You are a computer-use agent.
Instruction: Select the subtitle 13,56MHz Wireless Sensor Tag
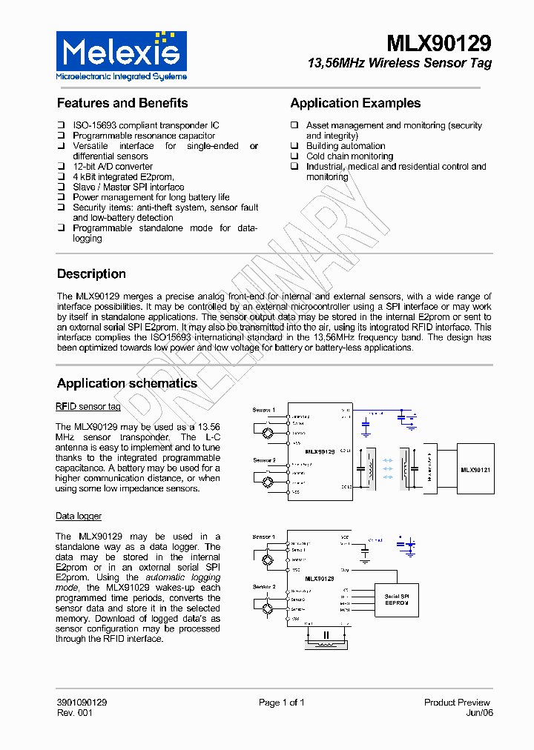pyautogui.click(x=399, y=64)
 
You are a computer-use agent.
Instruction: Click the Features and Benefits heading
pyautogui.click(x=122, y=103)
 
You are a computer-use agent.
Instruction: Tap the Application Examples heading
pyautogui.click(x=355, y=103)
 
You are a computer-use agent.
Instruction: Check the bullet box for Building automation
pyautogui.click(x=294, y=146)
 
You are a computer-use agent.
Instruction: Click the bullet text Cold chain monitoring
pyautogui.click(x=349, y=156)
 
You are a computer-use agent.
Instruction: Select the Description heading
pyautogui.click(x=91, y=273)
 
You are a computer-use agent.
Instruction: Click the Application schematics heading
pyautogui.click(x=127, y=383)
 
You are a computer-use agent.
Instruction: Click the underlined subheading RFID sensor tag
pyautogui.click(x=88, y=407)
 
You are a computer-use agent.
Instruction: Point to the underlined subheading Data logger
pyautogui.click(x=79, y=516)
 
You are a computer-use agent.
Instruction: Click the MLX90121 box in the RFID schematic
pyautogui.click(x=475, y=469)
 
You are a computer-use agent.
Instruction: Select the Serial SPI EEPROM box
pyautogui.click(x=397, y=600)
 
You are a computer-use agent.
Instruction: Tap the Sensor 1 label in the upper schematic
pyautogui.click(x=264, y=410)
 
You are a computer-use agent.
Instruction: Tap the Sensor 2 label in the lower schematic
pyautogui.click(x=264, y=586)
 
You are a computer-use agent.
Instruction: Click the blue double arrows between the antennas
pyautogui.click(x=386, y=469)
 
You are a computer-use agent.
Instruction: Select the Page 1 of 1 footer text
pyautogui.click(x=281, y=703)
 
